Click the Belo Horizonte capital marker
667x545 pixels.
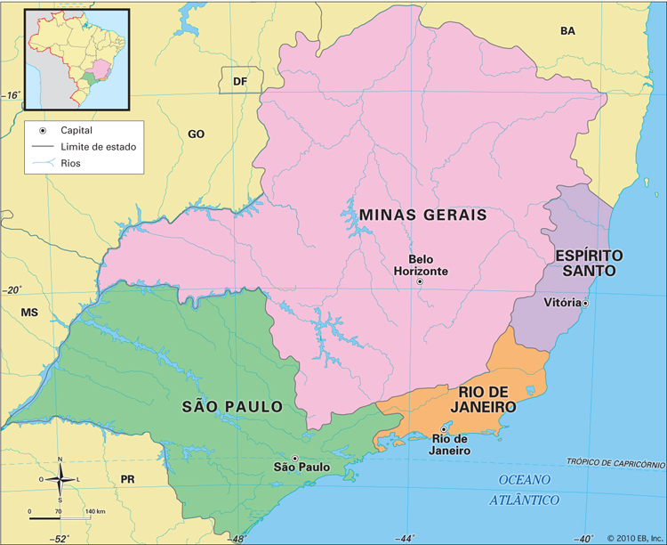tap(420, 281)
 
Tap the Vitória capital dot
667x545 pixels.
tap(585, 303)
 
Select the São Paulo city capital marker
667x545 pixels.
tap(295, 459)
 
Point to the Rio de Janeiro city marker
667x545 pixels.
tap(444, 429)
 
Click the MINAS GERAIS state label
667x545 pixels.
tap(422, 215)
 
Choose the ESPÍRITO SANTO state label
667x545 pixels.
tap(589, 263)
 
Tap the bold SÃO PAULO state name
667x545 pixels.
tap(232, 407)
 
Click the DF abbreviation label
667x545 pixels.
tap(239, 82)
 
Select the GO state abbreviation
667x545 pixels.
tap(196, 134)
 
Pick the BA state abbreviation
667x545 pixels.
tap(567, 31)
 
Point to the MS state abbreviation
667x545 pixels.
tap(30, 313)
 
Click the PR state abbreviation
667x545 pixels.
tap(127, 479)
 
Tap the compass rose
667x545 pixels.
tap(60, 480)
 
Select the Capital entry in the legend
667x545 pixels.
tap(76, 129)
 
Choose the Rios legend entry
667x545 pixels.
tap(70, 163)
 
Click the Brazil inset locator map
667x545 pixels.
tap(76, 56)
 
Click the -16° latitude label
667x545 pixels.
tap(11, 94)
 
